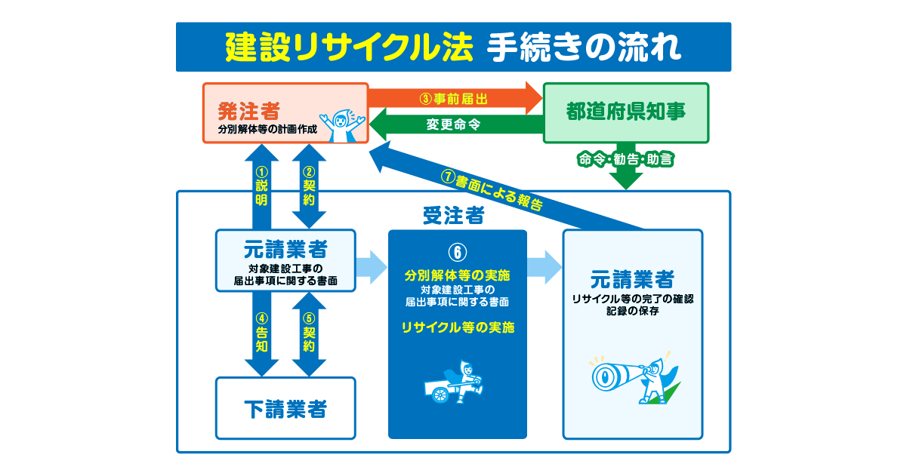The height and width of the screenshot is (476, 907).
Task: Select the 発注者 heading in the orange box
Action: click(248, 112)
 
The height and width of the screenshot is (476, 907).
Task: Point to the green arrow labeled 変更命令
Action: click(453, 124)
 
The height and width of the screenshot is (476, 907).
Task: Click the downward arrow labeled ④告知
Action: click(261, 334)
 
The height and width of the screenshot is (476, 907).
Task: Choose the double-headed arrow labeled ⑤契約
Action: click(309, 334)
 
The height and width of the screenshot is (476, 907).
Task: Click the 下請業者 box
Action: click(285, 409)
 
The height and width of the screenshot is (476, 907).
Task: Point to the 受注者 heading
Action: click(453, 217)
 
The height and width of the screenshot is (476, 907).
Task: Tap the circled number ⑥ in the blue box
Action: click(457, 251)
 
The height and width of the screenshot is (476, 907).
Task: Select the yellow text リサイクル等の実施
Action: click(458, 327)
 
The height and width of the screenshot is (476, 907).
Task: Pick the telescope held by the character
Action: click(615, 374)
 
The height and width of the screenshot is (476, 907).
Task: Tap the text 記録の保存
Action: click(633, 311)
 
